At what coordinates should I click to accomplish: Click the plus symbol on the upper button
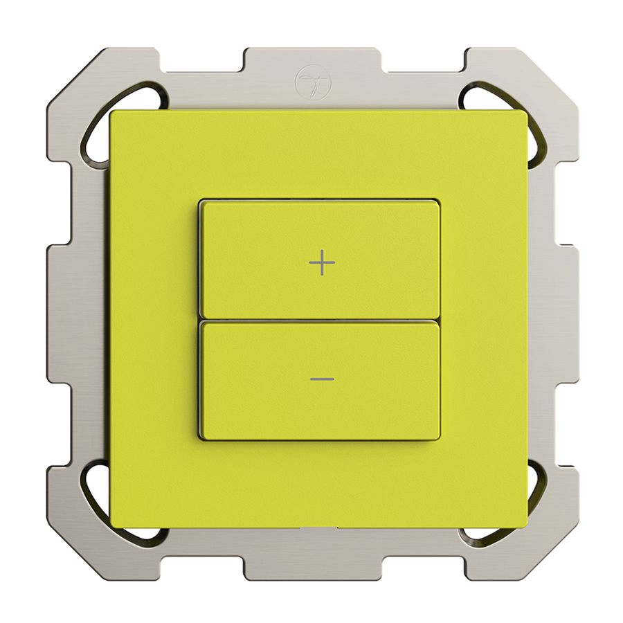click(322, 263)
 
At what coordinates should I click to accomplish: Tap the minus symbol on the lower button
click(322, 379)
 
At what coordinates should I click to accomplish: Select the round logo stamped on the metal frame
click(314, 82)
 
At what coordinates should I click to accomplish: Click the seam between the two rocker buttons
click(319, 320)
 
